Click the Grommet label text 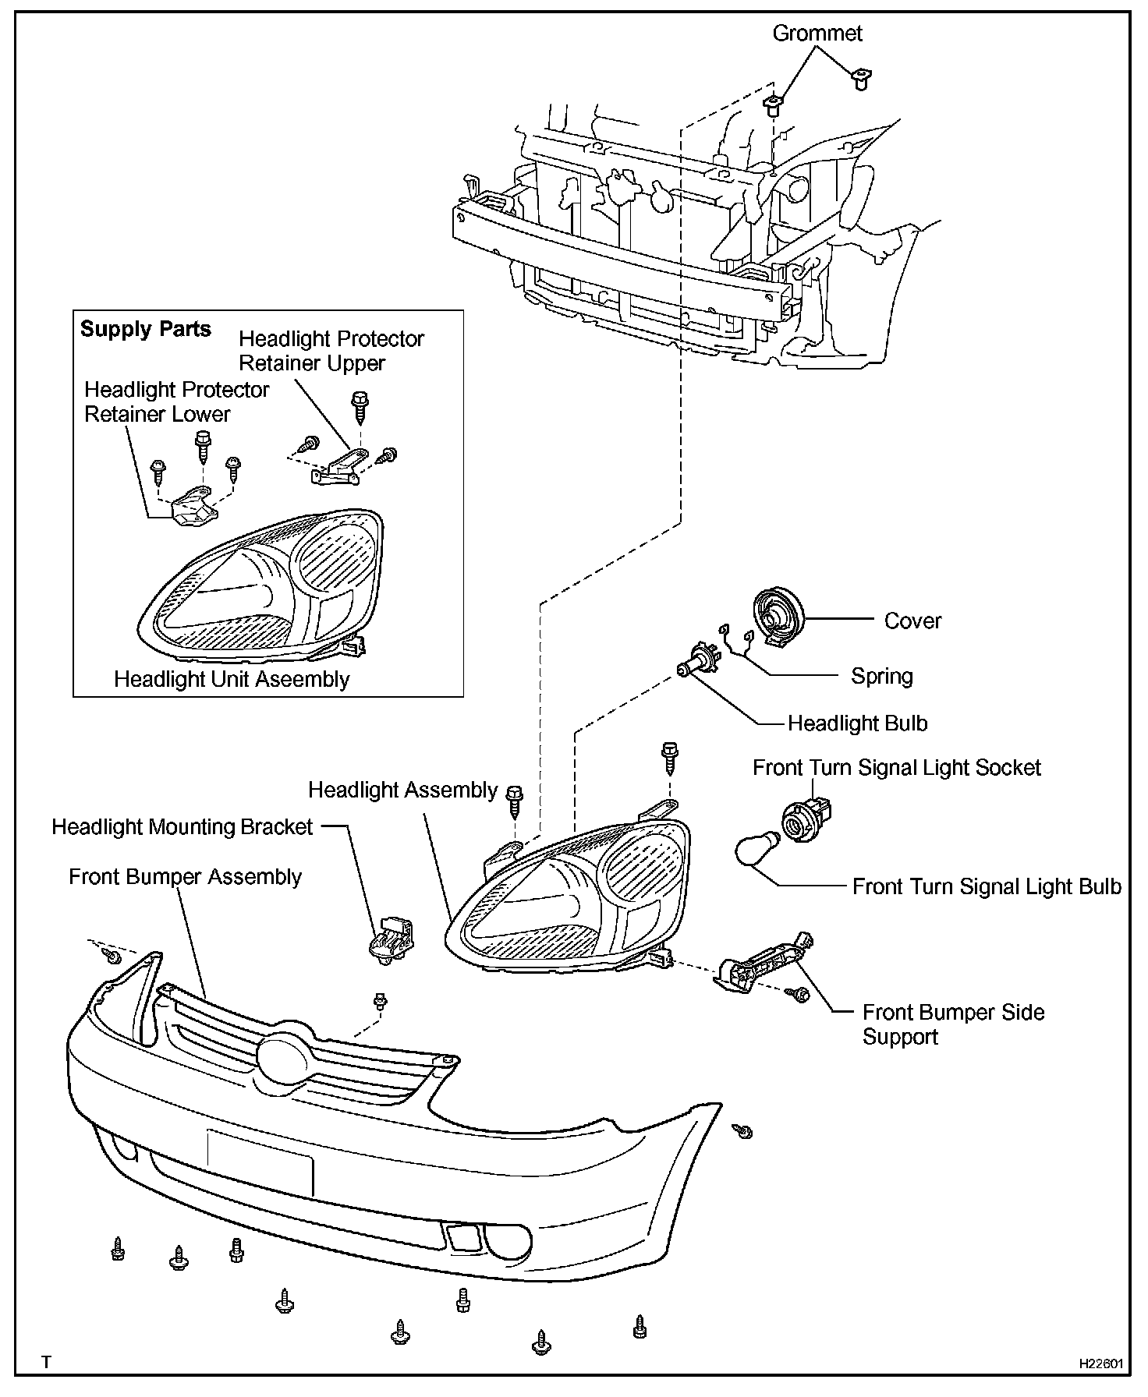tap(817, 34)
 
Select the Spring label tap(881, 676)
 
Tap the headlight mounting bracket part tap(392, 939)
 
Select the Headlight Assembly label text tap(402, 790)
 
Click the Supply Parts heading tap(146, 329)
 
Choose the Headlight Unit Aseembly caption tap(232, 679)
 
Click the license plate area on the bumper tap(260, 1162)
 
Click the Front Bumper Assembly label tap(185, 877)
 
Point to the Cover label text tap(912, 621)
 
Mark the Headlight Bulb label tap(857, 723)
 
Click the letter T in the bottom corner tap(46, 1363)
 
